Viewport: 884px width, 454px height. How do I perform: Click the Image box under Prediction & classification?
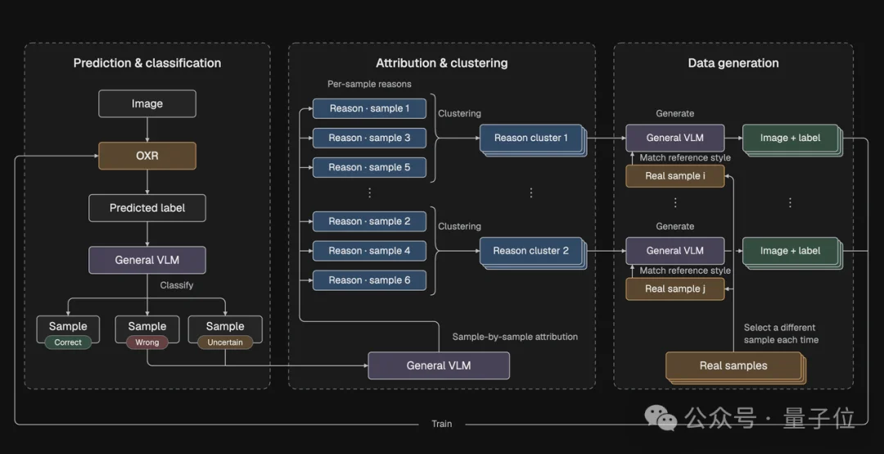click(147, 104)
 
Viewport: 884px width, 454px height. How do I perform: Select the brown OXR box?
click(147, 156)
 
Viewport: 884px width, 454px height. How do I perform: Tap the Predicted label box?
click(147, 208)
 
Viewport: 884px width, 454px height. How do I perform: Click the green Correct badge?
click(68, 343)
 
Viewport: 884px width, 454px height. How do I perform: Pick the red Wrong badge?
click(147, 343)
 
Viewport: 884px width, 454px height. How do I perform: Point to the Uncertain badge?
click(225, 343)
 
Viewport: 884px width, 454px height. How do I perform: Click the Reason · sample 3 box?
click(369, 138)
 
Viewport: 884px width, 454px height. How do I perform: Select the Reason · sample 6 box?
click(369, 280)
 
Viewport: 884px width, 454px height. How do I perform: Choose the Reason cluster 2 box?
click(531, 251)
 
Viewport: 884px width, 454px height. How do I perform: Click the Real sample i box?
click(674, 175)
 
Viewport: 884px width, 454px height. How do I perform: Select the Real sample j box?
click(674, 288)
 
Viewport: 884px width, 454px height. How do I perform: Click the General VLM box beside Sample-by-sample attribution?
click(439, 366)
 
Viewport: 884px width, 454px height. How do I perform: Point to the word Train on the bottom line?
click(441, 424)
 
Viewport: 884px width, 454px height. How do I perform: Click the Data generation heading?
click(733, 63)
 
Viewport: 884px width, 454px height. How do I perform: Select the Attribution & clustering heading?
click(441, 63)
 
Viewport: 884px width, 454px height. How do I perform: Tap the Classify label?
click(177, 286)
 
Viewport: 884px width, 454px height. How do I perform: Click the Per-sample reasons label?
click(369, 84)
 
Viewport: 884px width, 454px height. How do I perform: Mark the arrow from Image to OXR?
click(147, 129)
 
